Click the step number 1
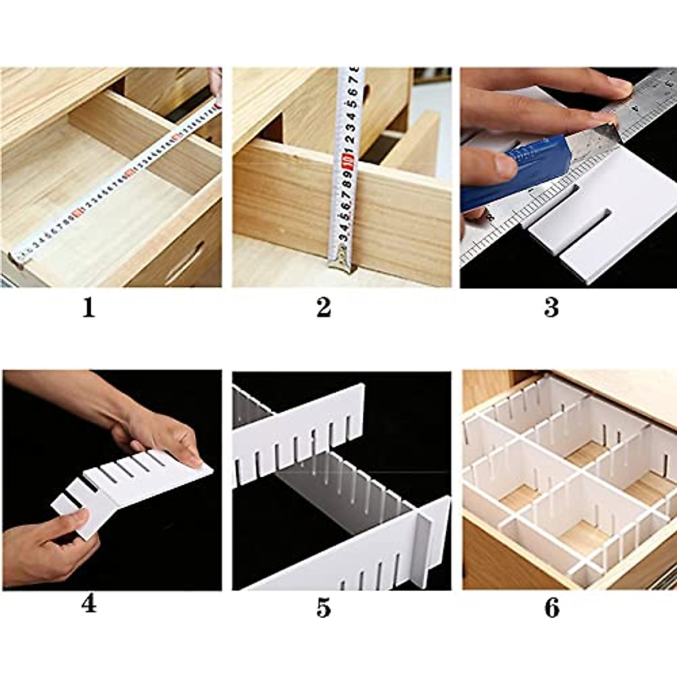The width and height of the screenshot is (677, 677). click(x=89, y=308)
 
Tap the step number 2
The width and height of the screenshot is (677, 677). click(x=323, y=308)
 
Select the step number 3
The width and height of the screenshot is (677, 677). click(x=551, y=308)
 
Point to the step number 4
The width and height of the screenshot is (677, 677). click(x=89, y=604)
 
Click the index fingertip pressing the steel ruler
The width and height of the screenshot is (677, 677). click(x=618, y=87)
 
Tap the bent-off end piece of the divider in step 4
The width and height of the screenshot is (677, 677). click(x=71, y=508)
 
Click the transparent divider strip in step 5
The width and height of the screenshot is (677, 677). click(x=338, y=485)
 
